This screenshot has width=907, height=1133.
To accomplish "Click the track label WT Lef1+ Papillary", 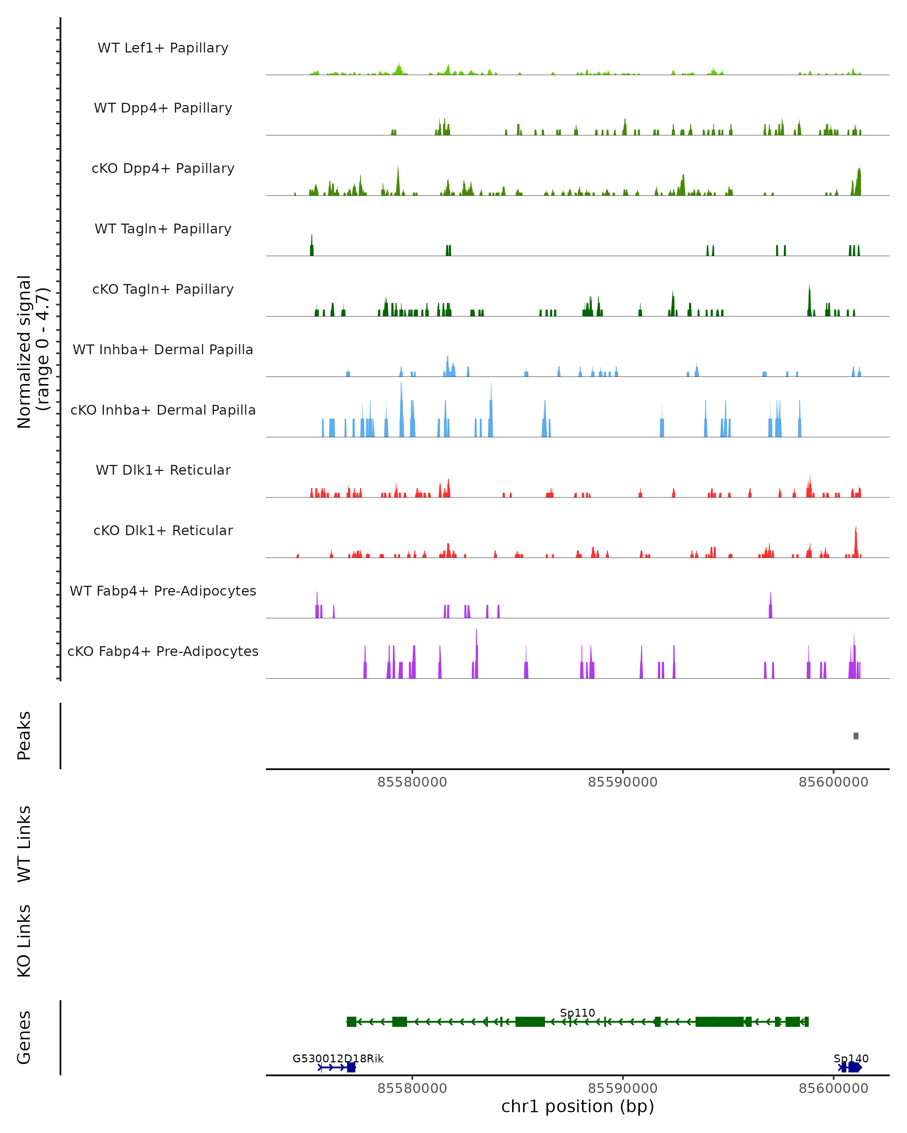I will point(163,48).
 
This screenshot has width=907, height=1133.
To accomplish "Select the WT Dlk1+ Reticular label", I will point(163,470).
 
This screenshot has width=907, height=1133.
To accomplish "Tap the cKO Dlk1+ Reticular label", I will point(163,530).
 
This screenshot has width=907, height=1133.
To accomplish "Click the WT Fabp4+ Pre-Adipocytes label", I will point(163,591).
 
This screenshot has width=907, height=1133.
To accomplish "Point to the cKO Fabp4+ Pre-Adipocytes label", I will point(163,651).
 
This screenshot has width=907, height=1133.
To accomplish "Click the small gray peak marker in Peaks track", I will point(856,736).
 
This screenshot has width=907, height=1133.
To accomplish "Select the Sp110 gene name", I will point(577,1013).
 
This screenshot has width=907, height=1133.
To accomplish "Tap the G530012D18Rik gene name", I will point(338,1058).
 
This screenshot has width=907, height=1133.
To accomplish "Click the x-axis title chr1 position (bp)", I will point(577,1107).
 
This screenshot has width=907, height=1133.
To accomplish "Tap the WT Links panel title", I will point(24,843).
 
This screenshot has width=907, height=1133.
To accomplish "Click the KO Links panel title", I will point(24,941).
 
